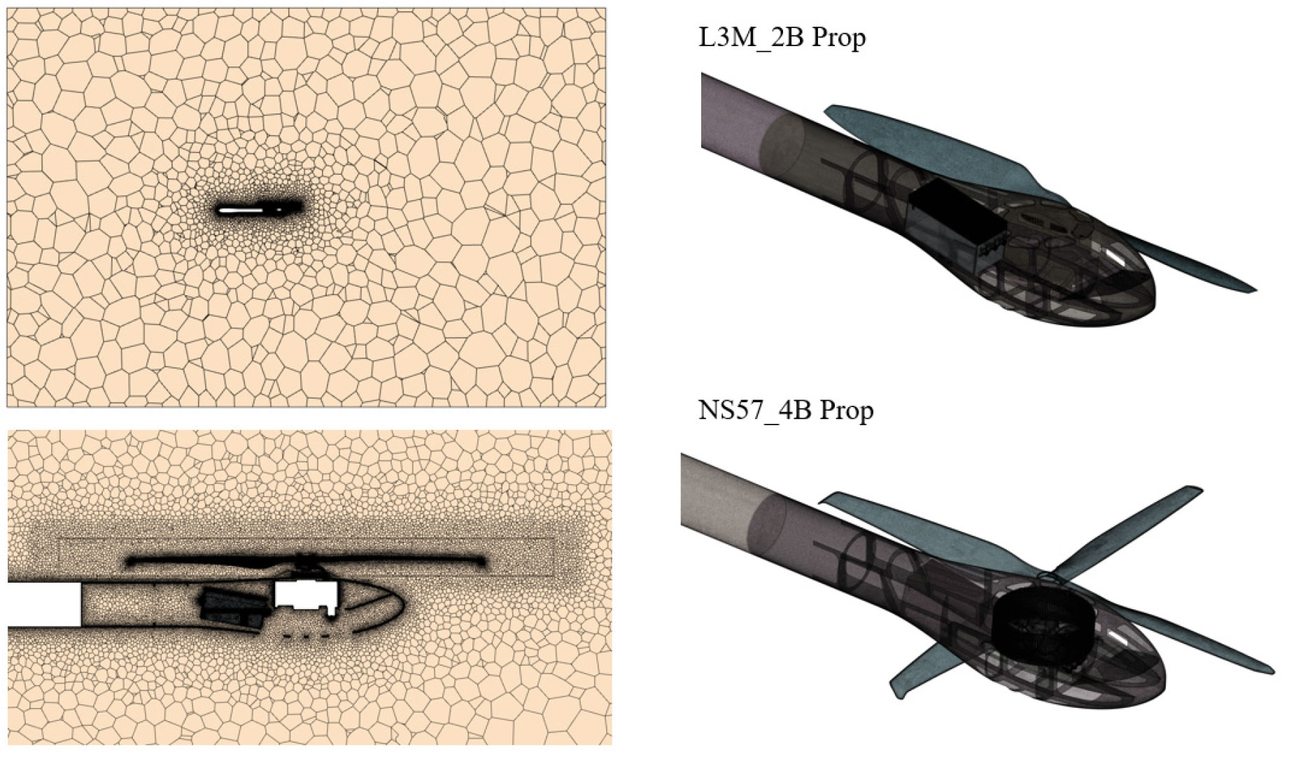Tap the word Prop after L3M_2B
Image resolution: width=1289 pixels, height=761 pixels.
pyautogui.click(x=838, y=38)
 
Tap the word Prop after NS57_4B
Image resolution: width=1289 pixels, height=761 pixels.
pyautogui.click(x=847, y=411)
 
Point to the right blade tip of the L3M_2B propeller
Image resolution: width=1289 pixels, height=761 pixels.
pyautogui.click(x=1254, y=289)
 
